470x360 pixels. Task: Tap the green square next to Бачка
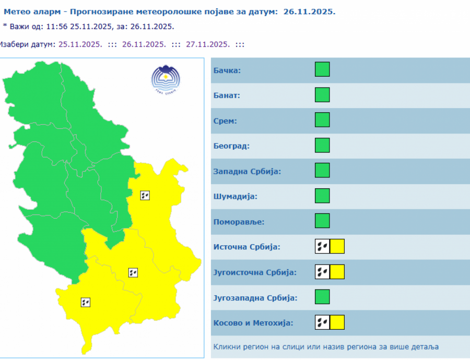tap(322, 69)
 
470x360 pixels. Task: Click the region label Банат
tap(227, 95)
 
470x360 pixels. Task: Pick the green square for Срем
tap(322, 120)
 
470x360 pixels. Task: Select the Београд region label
tap(231, 146)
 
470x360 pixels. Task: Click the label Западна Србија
tap(247, 171)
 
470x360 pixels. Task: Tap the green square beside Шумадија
tap(322, 196)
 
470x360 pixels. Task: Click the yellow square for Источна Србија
tap(337, 246)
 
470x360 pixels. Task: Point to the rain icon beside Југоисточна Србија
tap(322, 272)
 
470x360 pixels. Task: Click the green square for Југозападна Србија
tap(322, 297)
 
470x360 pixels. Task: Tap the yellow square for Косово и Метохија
tap(337, 322)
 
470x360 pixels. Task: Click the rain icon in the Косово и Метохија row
tap(322, 322)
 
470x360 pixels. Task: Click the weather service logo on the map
tap(164, 79)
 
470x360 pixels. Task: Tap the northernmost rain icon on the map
tap(145, 196)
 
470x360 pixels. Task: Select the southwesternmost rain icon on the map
tap(86, 302)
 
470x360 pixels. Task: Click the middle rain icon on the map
tap(133, 272)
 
